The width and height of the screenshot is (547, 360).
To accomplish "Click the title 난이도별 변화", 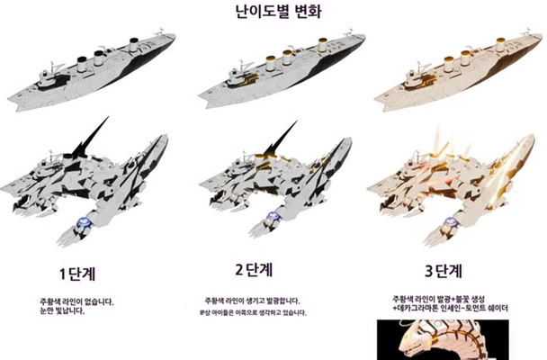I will (273, 13).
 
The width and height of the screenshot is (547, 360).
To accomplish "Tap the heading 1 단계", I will (83, 270).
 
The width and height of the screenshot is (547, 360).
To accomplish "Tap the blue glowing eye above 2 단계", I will (273, 217).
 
